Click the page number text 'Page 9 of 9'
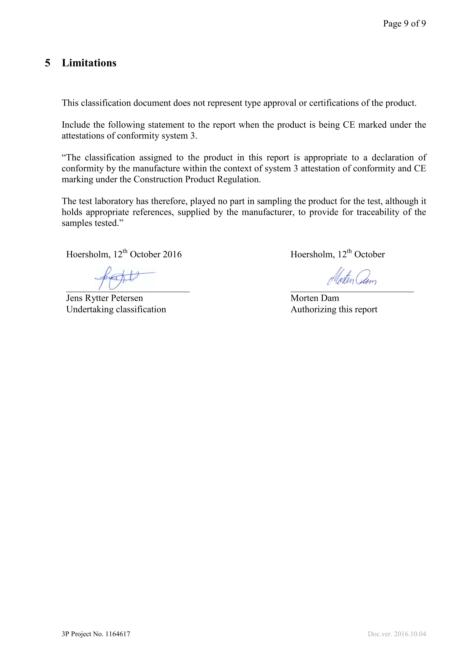coord(404,24)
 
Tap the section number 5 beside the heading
coord(48,63)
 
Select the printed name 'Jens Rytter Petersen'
coord(104,298)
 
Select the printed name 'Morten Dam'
coord(315,298)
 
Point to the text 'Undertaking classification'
coord(116,309)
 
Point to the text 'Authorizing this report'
coord(334,309)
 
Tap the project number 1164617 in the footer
coord(118,642)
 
